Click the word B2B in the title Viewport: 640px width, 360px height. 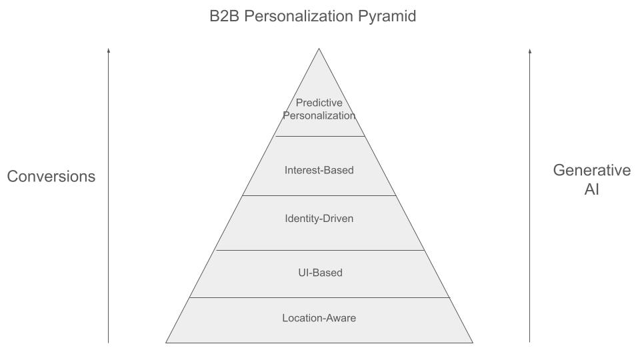click(225, 17)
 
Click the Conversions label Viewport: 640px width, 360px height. click(51, 177)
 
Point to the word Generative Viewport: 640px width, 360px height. click(591, 170)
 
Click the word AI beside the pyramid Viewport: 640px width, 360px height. click(591, 189)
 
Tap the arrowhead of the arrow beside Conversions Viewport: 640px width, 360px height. click(108, 50)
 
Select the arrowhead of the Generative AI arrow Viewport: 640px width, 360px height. click(529, 50)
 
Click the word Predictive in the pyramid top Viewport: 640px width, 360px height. click(319, 103)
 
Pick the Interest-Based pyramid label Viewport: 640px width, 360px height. click(319, 170)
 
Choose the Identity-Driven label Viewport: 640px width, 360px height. click(319, 219)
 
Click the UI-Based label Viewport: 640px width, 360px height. click(319, 273)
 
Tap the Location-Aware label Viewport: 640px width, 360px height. click(319, 318)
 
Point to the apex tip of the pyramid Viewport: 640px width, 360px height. click(319, 49)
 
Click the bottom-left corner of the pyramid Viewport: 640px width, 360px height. click(166, 342)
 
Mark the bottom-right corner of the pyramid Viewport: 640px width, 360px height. click(472, 342)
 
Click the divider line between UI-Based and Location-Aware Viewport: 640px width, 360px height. click(319, 297)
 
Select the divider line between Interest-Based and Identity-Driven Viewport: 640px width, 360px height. click(319, 195)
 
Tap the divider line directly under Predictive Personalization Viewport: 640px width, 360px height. click(319, 136)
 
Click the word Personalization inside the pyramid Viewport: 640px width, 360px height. click(319, 115)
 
